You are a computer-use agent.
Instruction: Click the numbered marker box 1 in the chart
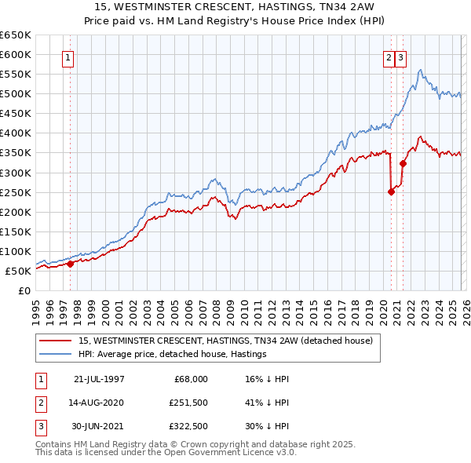pyautogui.click(x=68, y=57)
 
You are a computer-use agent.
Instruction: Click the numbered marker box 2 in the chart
pyautogui.click(x=389, y=57)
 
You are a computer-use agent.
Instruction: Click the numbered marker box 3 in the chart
pyautogui.click(x=400, y=57)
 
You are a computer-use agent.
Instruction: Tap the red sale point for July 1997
pyautogui.click(x=70, y=264)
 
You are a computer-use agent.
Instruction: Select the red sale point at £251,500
pyautogui.click(x=391, y=191)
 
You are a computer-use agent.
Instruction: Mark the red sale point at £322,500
pyautogui.click(x=403, y=163)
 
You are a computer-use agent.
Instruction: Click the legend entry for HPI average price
pyautogui.click(x=173, y=355)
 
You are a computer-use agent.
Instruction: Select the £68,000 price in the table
pyautogui.click(x=189, y=378)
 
